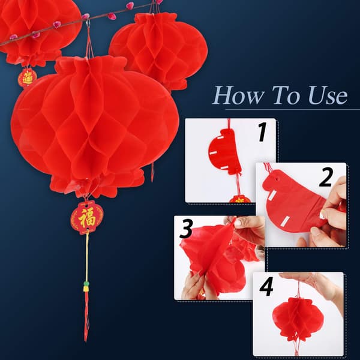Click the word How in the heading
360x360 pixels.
coord(238,95)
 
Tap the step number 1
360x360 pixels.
coord(262,132)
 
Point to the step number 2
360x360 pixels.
coord(326,177)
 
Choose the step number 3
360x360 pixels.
coord(186,229)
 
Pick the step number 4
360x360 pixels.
coord(266,286)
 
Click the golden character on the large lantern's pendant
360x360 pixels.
coord(87,217)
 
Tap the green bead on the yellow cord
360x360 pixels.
coord(86,284)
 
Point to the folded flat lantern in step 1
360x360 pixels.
coord(225,152)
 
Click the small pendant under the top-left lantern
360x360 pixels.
coord(28,78)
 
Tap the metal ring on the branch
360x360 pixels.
coord(88,23)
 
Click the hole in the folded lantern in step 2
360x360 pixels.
coord(277,179)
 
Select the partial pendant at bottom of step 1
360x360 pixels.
coord(239,199)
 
